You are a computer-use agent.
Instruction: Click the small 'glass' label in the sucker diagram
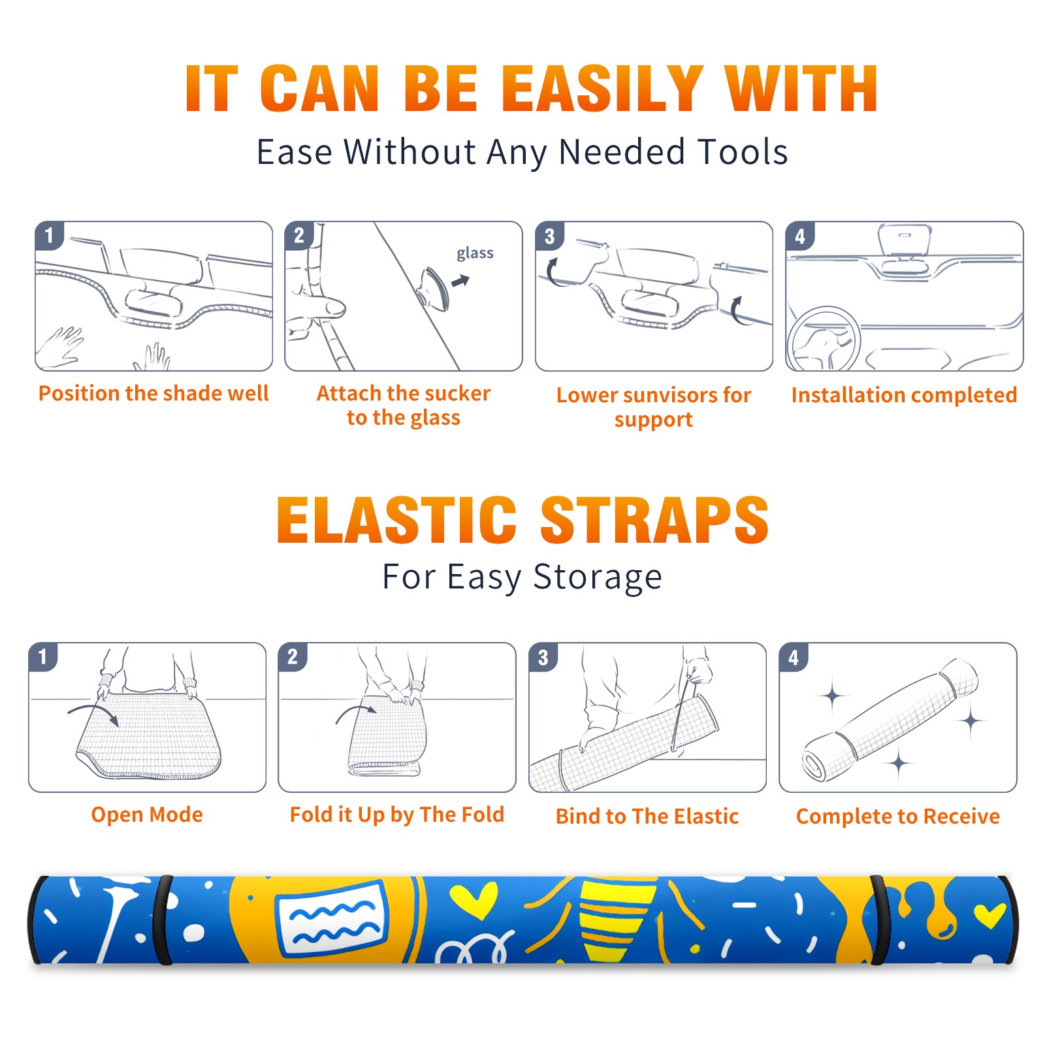coord(475,253)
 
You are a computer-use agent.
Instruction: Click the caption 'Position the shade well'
coord(153,393)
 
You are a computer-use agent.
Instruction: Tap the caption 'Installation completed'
coord(904,395)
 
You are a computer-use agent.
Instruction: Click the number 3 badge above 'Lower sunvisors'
coord(549,236)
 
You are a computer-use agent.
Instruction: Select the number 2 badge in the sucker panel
coord(299,235)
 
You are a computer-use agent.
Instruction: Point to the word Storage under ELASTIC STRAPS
coord(598,577)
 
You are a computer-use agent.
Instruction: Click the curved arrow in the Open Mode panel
coord(93,713)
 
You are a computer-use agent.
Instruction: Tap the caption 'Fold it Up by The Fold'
coord(397,814)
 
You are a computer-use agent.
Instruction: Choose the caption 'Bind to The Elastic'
coord(647,816)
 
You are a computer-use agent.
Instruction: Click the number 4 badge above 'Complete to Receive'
coord(794,657)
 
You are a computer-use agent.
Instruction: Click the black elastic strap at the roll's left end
coord(163,920)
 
